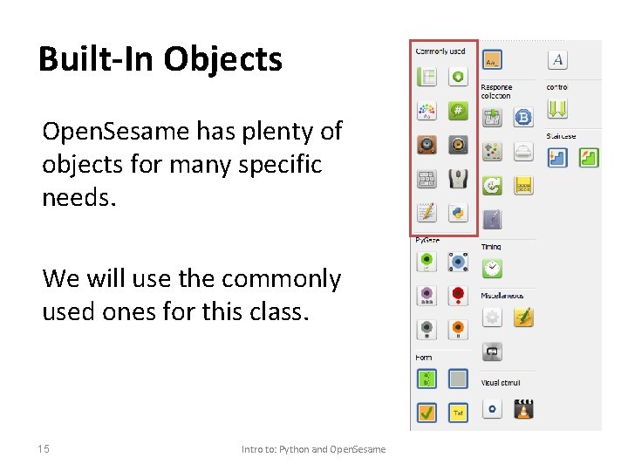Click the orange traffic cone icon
(x=524, y=408)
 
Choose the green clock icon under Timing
(x=493, y=268)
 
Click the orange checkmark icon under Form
(x=427, y=412)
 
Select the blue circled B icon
(x=524, y=118)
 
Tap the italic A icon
(x=558, y=59)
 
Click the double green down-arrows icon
(x=558, y=109)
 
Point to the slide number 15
(x=44, y=448)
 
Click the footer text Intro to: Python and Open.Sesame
(x=313, y=449)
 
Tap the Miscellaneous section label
(x=502, y=296)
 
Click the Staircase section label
(x=561, y=136)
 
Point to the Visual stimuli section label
(x=501, y=383)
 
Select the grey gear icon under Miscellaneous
(x=493, y=317)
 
